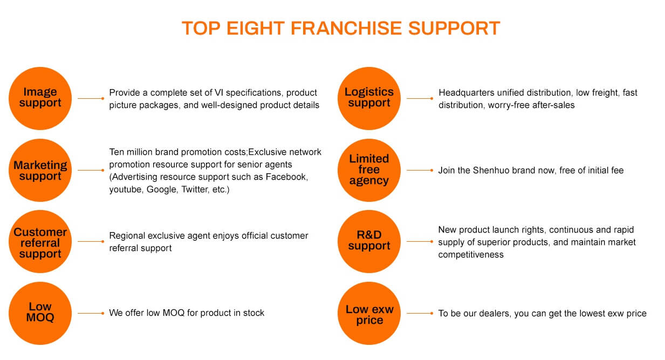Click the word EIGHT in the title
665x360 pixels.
255,29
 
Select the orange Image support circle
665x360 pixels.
40,98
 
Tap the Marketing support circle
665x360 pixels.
40,170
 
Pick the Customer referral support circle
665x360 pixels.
40,241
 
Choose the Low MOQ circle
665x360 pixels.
40,314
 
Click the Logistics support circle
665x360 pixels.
369,98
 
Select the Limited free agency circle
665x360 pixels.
369,170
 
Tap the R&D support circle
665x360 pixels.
369,241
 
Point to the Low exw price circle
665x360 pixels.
369,314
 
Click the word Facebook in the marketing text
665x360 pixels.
286,177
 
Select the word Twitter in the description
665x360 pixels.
195,189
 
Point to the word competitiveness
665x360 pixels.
471,255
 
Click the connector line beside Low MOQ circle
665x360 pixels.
91,314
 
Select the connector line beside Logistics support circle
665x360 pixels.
420,98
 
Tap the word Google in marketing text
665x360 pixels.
162,189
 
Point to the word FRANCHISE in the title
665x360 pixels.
346,29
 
